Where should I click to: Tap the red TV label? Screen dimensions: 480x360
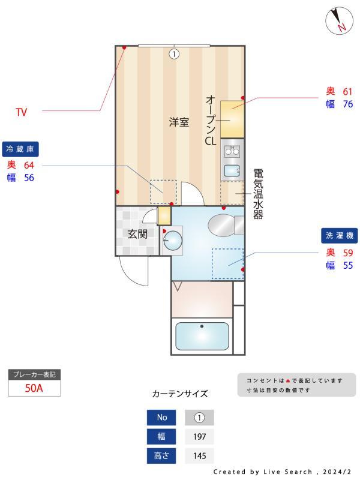point(22,112)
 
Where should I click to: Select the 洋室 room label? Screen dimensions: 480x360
point(178,123)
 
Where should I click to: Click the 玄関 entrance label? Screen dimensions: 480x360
point(137,234)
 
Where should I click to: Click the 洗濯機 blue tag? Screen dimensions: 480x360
point(339,236)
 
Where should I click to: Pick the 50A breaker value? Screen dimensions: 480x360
point(34,388)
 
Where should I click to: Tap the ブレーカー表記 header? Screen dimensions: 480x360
point(34,375)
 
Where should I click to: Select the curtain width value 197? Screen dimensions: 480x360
point(199,436)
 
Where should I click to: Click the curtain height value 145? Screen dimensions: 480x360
point(199,456)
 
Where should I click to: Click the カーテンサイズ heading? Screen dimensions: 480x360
point(180,394)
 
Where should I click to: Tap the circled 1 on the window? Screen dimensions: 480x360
point(174,54)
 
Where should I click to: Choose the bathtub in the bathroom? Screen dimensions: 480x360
point(202,337)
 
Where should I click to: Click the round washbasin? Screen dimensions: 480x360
point(173,241)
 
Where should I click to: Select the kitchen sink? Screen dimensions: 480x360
point(232,171)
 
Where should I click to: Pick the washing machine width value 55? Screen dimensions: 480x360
point(347,265)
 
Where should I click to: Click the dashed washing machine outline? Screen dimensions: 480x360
point(227,263)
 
